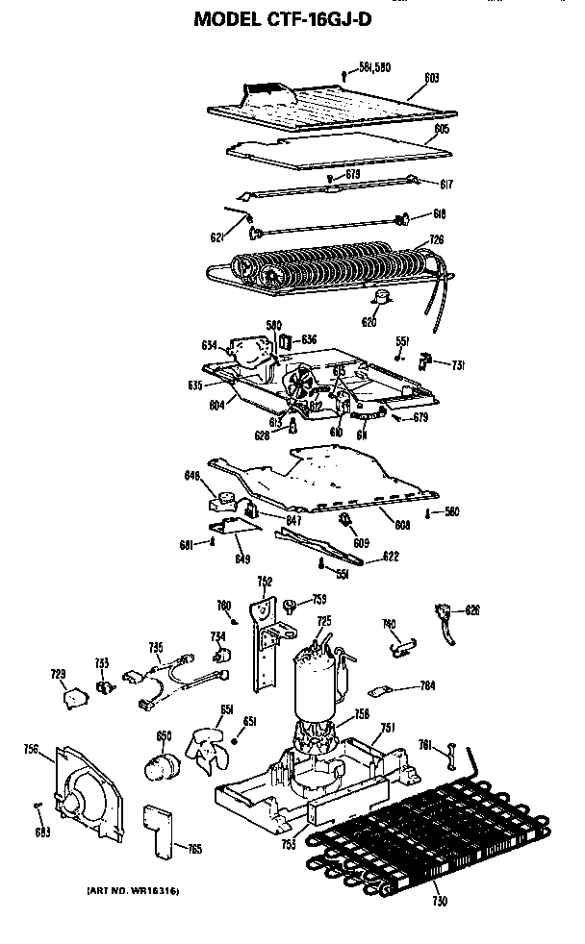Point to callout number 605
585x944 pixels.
click(442, 128)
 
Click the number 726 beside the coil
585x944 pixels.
click(436, 238)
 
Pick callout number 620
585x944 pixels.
click(369, 323)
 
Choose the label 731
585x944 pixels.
click(459, 364)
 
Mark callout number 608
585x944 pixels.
click(400, 524)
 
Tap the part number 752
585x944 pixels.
click(265, 582)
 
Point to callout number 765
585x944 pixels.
click(194, 848)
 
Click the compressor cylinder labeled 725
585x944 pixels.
click(314, 683)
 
